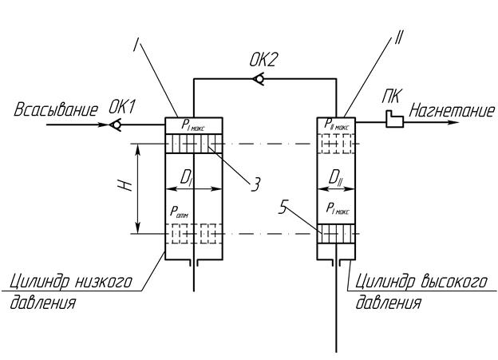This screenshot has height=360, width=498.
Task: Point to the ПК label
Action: pyautogui.click(x=390, y=97)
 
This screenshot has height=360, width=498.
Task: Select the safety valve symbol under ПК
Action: pyautogui.click(x=391, y=119)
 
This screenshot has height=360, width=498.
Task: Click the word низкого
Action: pyautogui.click(x=111, y=283)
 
